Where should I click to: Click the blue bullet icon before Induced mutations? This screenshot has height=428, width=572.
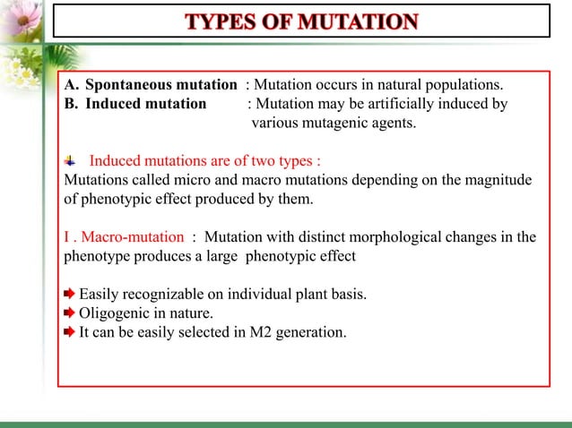72,162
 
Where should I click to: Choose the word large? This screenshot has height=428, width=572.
250,255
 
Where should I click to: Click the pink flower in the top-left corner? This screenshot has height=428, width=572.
20,18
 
